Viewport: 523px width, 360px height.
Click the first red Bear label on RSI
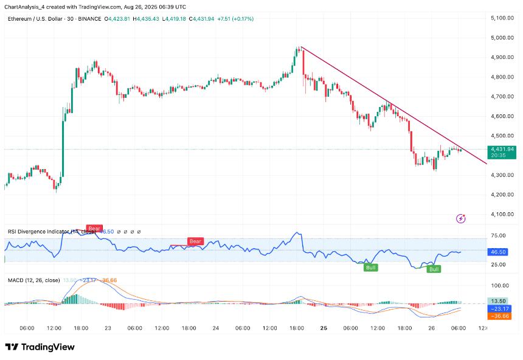coord(94,229)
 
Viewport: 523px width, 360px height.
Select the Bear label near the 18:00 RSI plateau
coord(195,241)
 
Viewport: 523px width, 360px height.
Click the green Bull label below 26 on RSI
coord(434,269)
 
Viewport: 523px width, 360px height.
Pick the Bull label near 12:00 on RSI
coord(370,267)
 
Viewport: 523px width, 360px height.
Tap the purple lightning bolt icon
coord(461,218)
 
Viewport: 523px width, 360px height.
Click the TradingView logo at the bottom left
coord(40,347)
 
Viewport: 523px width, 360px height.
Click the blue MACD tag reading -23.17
coord(501,309)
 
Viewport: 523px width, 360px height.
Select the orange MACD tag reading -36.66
coord(501,316)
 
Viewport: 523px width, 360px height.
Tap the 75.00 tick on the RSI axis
coord(499,236)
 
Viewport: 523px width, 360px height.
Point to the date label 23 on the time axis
coord(108,328)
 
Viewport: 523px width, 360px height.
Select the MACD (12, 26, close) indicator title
coord(33,280)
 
